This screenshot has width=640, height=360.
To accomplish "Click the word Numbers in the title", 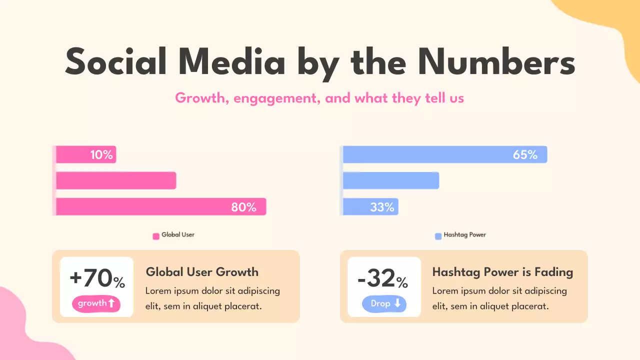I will coord(496,63).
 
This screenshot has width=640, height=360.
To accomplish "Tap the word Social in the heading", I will coord(116,63).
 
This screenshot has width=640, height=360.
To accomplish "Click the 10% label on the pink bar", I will coord(101,155).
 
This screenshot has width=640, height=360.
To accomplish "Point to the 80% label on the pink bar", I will coord(243,207).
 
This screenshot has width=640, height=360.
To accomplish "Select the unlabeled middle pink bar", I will coord(116,180).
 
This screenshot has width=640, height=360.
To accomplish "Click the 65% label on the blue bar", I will coord(525,155).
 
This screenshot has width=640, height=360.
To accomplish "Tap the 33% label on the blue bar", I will coord(382,207).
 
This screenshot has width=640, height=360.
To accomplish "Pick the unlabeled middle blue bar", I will coord(391,180).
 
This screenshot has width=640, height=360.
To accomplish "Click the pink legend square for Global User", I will coord(156,236).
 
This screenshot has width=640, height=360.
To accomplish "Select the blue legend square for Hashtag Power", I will coord(438,236).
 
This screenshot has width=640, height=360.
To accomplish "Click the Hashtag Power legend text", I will coord(464,234).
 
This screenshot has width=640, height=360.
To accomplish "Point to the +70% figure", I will coord(97,279).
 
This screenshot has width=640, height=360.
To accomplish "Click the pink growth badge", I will coord(96,303).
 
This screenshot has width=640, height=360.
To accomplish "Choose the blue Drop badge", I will coord(384,303).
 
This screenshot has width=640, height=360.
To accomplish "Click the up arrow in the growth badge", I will coord(111,303).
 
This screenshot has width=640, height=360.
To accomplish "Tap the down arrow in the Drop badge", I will coord(397,303).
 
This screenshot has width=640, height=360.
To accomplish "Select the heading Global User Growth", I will coord(202,272).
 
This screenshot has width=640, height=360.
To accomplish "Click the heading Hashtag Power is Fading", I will coord(502,272).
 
